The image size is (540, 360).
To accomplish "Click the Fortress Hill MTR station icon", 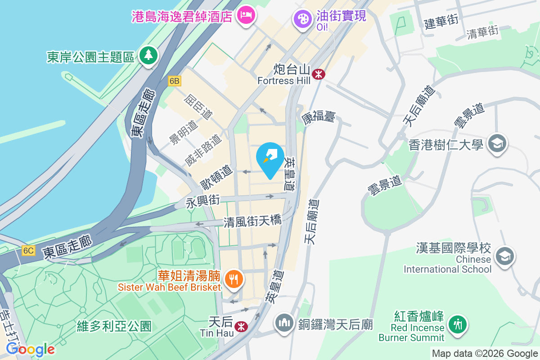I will tap(319, 74).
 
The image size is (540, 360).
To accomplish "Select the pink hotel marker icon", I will tap(246, 16).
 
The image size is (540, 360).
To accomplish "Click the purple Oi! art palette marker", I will tap(302, 18).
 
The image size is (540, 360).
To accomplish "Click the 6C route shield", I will tap(28, 251).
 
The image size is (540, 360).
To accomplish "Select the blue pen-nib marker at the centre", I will tap(270, 158).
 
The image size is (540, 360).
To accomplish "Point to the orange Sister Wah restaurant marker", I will tap(233, 279).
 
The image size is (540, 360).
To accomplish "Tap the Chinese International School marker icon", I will tap(504, 256).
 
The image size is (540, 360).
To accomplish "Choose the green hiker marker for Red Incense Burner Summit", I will tap(458, 324).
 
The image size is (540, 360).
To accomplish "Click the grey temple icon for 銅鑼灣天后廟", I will tap(284, 323).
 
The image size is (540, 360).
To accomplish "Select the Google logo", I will tap(31, 349).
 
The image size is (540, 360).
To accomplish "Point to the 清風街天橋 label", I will tap(252, 221).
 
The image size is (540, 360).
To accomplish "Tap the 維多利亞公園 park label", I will tap(114, 326).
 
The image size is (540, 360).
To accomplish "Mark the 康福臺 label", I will tap(318, 118).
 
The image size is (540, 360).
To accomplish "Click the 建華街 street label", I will tap(441, 21).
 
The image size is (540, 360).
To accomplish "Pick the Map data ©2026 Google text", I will tap(485, 353).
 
